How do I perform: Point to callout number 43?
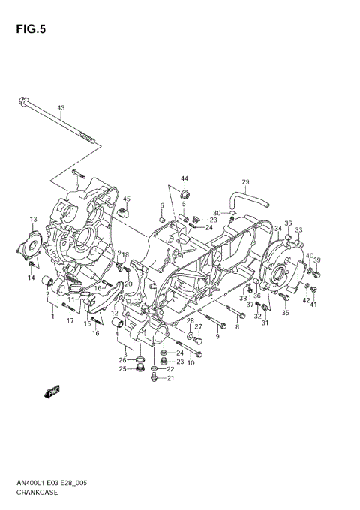pyautogui.click(x=61, y=107)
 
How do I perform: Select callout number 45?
pyautogui.click(x=127, y=199)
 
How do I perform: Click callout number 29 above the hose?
pyautogui.click(x=244, y=182)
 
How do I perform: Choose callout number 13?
pyautogui.click(x=33, y=219)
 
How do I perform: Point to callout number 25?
pyautogui.click(x=122, y=368)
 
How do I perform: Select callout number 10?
pyautogui.click(x=190, y=363)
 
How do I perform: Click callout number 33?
pyautogui.click(x=298, y=230)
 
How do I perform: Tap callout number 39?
pyautogui.click(x=316, y=259)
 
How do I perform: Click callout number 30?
pyautogui.click(x=215, y=213)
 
